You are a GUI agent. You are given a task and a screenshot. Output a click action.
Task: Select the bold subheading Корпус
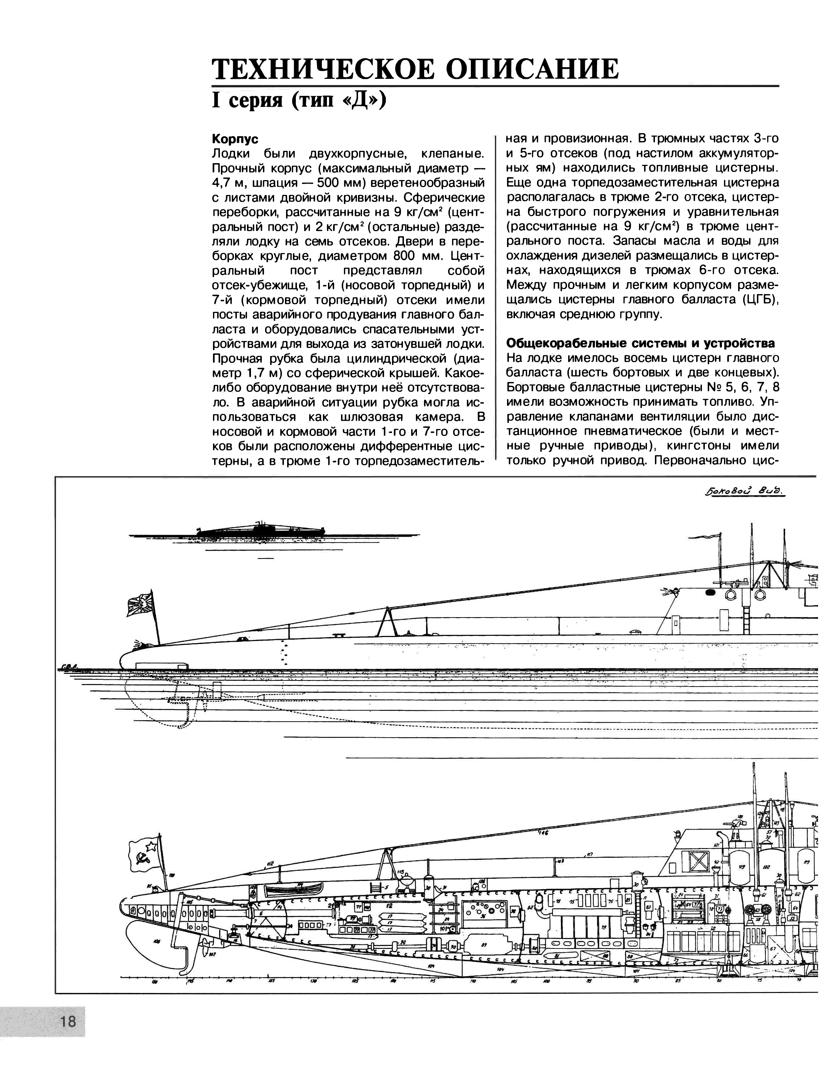[235, 139]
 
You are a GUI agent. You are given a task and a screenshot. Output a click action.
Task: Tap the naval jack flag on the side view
[140, 604]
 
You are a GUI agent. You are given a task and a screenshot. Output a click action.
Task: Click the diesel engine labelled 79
[590, 926]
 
